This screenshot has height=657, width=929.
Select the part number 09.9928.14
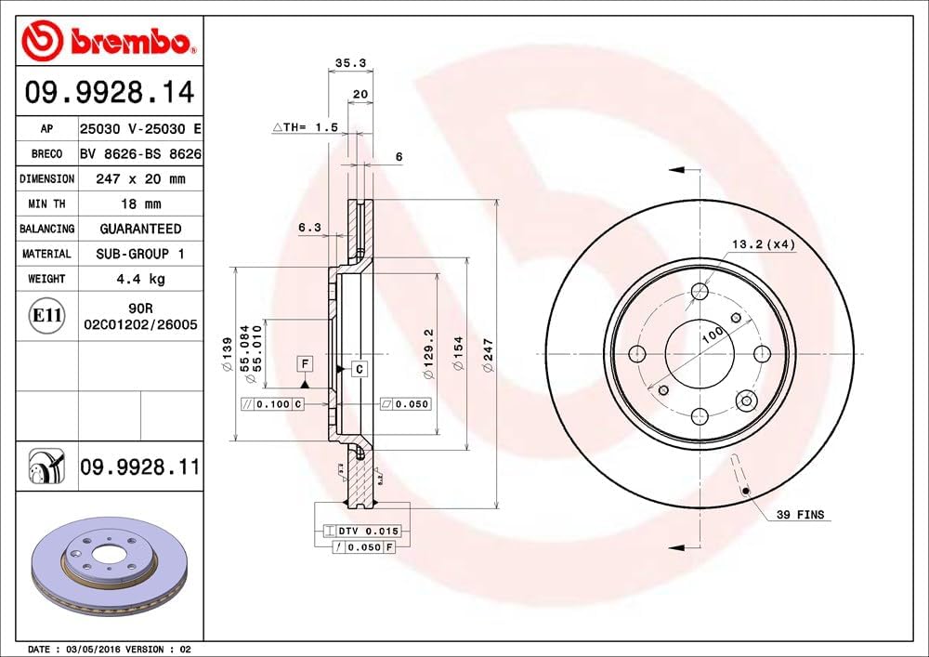pyautogui.click(x=109, y=92)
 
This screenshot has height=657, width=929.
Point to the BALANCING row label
pyautogui.click(x=46, y=229)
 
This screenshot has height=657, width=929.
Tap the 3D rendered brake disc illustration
pyautogui.click(x=110, y=568)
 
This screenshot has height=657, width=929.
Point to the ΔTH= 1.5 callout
pyautogui.click(x=304, y=126)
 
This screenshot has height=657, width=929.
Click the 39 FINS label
pyautogui.click(x=800, y=514)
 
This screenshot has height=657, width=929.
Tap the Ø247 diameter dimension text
pyautogui.click(x=488, y=357)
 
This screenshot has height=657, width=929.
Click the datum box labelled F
pyautogui.click(x=303, y=362)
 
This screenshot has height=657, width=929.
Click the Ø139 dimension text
pyautogui.click(x=226, y=357)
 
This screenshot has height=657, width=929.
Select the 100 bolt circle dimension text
pyautogui.click(x=713, y=337)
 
